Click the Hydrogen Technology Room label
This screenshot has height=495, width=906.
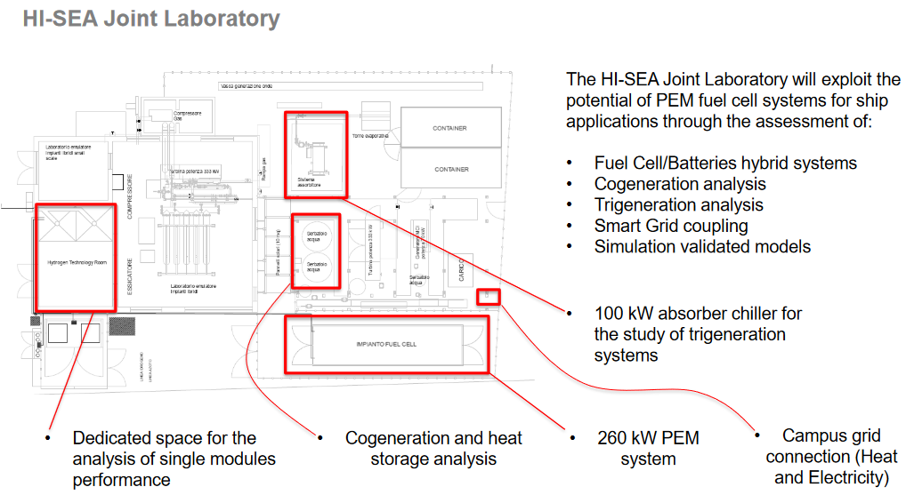[76, 263]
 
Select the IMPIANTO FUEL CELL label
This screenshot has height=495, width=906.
[385, 344]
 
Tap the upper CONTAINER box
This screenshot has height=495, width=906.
[449, 129]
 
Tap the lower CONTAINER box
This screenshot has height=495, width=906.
[449, 169]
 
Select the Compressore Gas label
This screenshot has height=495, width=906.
[187, 116]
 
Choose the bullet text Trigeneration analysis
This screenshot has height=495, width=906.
[678, 205]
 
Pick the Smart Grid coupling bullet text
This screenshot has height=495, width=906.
[670, 226]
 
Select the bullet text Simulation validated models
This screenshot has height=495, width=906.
[702, 246]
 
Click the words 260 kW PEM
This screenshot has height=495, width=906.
[648, 438]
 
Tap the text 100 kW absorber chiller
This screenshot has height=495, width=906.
[697, 314]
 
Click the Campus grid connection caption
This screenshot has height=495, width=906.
[830, 457]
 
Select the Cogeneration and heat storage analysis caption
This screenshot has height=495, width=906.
[433, 448]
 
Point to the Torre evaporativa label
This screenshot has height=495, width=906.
[371, 137]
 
